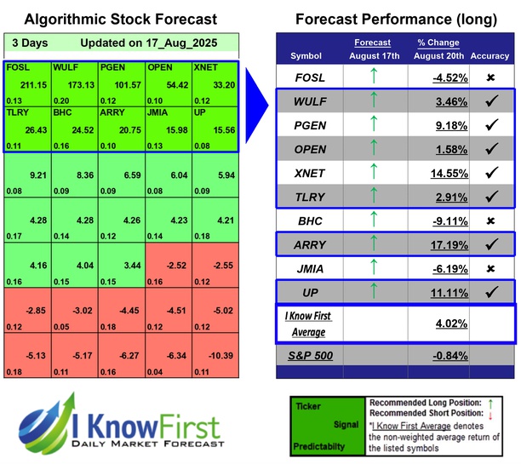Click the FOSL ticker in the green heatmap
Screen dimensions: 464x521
tap(20, 66)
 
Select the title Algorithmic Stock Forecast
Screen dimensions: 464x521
tap(121, 19)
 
